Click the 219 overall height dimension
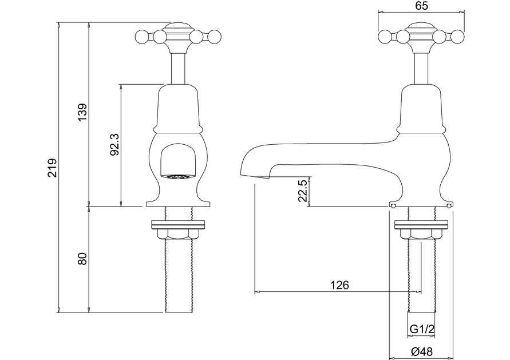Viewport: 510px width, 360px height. pos(52,168)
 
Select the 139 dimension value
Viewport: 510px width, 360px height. pos(82,112)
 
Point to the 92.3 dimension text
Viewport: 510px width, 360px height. pos(114,144)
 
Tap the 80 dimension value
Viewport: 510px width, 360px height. pos(82,259)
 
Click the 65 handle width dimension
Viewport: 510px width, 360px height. pos(421,6)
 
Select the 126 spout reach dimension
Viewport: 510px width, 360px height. pos(339,285)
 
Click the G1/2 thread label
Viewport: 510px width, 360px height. pos(422,329)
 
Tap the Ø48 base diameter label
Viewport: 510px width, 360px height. pos(422,351)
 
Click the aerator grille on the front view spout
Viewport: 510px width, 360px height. pos(178,177)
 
